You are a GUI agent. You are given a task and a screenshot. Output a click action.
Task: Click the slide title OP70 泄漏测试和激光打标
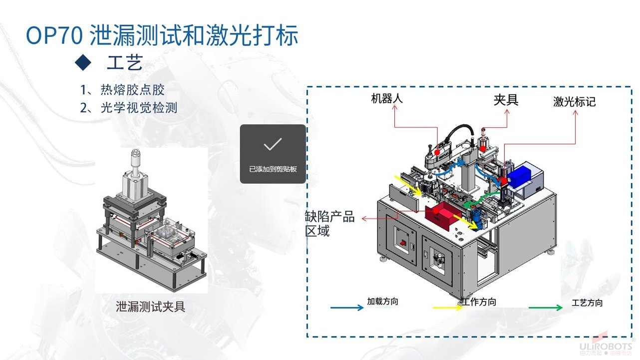[x=162, y=36]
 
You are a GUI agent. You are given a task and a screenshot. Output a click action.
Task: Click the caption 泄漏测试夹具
[x=150, y=306]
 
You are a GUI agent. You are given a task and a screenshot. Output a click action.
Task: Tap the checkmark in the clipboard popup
[x=273, y=144]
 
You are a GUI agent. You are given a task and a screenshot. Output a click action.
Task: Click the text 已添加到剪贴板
[x=273, y=169]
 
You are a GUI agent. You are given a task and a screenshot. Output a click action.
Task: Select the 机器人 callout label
[x=386, y=98]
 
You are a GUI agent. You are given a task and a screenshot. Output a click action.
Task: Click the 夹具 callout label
[x=506, y=100]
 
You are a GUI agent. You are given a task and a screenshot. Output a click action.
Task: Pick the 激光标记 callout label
[x=574, y=102]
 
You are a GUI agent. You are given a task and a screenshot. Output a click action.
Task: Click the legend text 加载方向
[x=382, y=302]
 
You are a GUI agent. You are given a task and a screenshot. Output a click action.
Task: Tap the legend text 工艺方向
[x=587, y=303]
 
